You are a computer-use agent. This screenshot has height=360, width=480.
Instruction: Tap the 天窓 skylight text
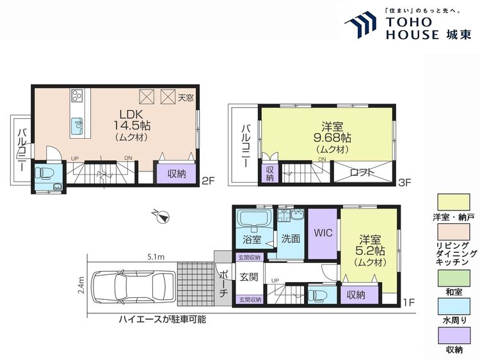click(186, 98)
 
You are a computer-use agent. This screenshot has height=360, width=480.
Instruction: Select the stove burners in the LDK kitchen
click(78, 97)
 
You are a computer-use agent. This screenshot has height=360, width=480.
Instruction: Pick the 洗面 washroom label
click(291, 239)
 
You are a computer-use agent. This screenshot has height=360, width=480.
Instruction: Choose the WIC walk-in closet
click(323, 233)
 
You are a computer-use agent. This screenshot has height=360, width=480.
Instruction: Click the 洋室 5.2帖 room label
click(369, 250)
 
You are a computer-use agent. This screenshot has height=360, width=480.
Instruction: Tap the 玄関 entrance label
click(248, 278)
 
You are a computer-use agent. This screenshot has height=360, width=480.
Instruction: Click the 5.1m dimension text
click(154, 257)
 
